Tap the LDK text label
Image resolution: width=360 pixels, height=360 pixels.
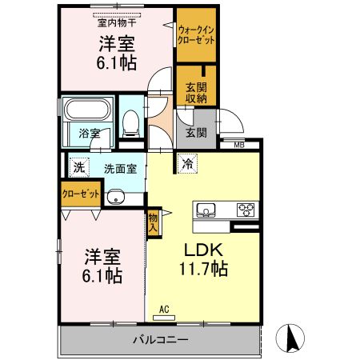(x=204, y=249)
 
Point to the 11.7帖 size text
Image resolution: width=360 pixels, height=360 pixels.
(x=204, y=270)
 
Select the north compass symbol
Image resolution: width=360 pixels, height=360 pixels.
(x=293, y=337)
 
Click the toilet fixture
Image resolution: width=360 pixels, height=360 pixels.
(x=130, y=122)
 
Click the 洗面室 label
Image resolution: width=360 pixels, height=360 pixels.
(x=120, y=169)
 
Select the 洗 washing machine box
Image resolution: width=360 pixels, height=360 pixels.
(x=78, y=168)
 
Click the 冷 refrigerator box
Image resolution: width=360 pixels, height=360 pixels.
(x=187, y=164)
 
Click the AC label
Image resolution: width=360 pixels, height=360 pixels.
(x=164, y=309)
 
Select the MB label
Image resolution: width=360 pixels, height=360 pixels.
(x=240, y=145)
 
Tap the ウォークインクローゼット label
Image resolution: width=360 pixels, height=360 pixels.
(x=195, y=35)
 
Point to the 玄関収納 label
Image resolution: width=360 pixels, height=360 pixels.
(x=195, y=93)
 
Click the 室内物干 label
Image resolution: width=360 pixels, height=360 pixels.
(x=116, y=22)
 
